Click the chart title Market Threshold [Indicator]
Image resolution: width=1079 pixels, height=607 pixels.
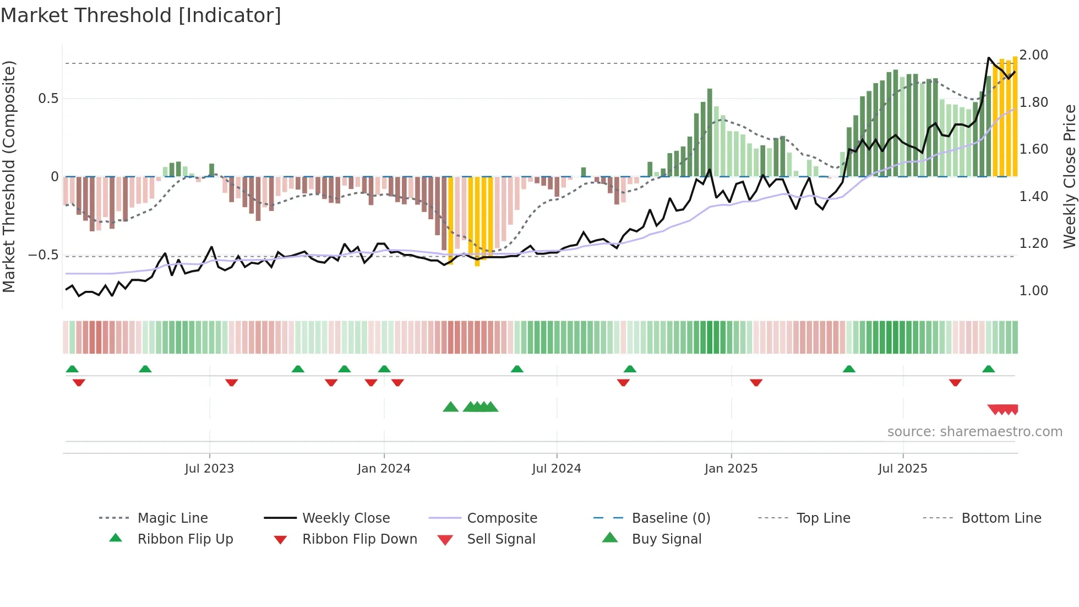141,15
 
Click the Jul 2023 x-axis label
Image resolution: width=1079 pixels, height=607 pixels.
209,469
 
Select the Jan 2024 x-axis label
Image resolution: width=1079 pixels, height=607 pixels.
384,469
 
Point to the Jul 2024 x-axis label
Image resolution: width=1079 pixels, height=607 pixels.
556,469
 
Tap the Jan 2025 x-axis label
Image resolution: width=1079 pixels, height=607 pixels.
731,469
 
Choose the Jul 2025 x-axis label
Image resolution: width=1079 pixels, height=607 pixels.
902,469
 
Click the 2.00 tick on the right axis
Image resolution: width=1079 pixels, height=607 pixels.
1033,55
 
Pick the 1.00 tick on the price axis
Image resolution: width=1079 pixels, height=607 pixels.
1033,291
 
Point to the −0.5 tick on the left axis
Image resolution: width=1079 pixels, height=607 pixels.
43,255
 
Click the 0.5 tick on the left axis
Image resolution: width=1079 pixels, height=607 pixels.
48,99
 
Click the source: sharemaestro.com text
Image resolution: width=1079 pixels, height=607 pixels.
974,432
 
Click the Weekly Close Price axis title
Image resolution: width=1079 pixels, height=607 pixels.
1069,176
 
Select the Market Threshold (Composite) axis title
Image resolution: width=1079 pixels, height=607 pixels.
9,176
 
